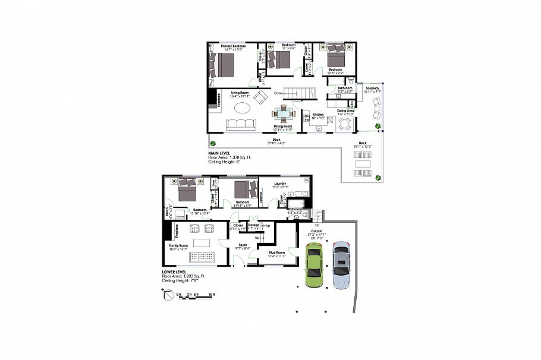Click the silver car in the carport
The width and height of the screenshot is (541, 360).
pyautogui.click(x=341, y=265)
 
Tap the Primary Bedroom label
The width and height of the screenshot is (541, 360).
pyautogui.click(x=234, y=46)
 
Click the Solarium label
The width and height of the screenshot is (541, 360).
pyautogui.click(x=373, y=88)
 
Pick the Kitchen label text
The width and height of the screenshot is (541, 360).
pyautogui.click(x=318, y=114)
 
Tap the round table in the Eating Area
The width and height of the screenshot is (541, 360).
pyautogui.click(x=345, y=124)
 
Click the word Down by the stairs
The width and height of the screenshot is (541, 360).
pyautogui.click(x=279, y=93)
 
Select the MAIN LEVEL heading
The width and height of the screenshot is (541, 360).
pyautogui.click(x=219, y=153)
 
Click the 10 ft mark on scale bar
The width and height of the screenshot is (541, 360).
pyautogui.click(x=212, y=294)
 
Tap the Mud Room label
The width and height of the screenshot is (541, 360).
pyautogui.click(x=277, y=253)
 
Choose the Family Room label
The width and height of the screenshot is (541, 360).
pyautogui.click(x=178, y=245)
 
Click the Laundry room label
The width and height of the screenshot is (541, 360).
pyautogui.click(x=279, y=184)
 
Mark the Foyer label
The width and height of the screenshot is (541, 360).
pyautogui.click(x=243, y=245)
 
